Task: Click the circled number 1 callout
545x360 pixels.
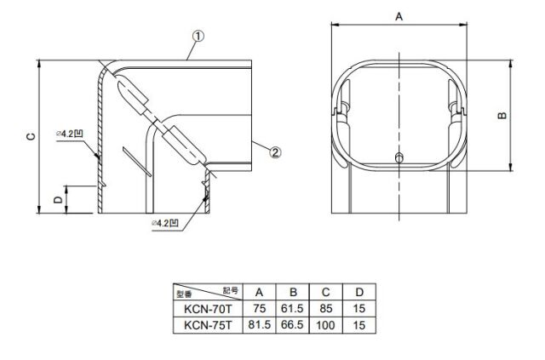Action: click(198, 36)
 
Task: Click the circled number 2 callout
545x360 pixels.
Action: click(275, 152)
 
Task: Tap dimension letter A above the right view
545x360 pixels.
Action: click(399, 16)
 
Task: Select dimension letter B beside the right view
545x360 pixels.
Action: click(502, 116)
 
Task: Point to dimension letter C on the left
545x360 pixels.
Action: click(31, 136)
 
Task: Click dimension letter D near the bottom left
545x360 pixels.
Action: click(58, 199)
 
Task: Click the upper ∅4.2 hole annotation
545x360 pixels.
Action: click(70, 134)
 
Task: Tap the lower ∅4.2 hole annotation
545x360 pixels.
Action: click(165, 223)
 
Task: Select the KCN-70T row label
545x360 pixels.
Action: click(208, 309)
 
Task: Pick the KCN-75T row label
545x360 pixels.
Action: click(208, 325)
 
